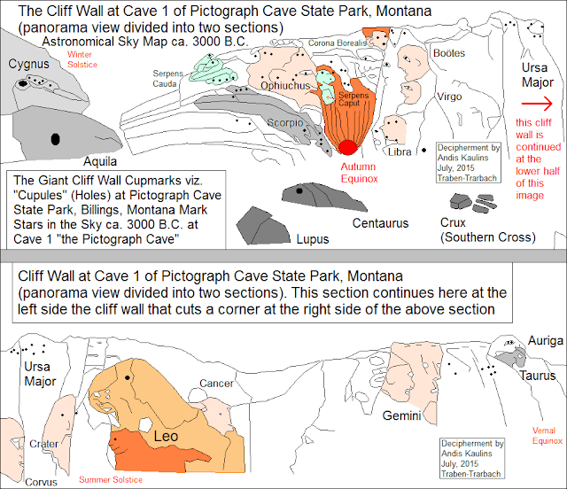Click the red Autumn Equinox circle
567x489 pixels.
[348, 147]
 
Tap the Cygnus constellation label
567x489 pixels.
[29, 64]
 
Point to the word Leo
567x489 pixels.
[167, 436]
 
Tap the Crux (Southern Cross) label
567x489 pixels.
[486, 229]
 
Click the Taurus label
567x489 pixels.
[538, 376]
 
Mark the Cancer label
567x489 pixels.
[216, 384]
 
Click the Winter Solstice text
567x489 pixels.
[82, 59]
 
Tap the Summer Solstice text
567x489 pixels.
[110, 480]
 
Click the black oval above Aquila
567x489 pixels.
[56, 137]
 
